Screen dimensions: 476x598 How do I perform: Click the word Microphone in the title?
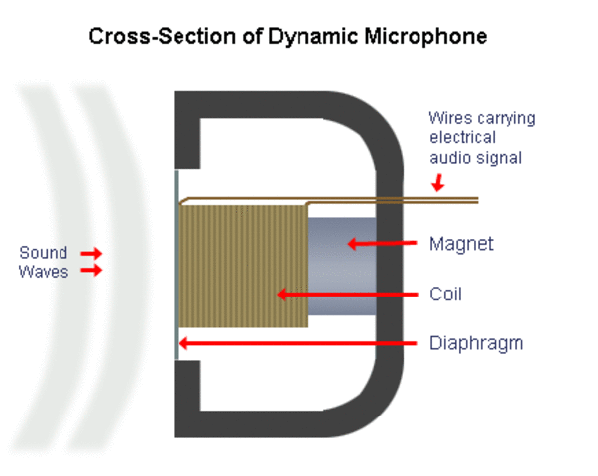tap(420, 37)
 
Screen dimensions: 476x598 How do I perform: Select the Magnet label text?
tap(461, 243)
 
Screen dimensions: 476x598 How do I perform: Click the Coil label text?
tap(446, 294)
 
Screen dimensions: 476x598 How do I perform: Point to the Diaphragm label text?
tap(475, 344)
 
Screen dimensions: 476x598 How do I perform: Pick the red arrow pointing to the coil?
tap(343, 294)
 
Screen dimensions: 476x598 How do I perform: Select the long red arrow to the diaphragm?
tap(298, 344)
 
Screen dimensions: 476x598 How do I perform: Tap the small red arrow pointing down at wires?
tap(437, 182)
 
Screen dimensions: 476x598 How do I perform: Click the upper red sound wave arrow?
tap(91, 253)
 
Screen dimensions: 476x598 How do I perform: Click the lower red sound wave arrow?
tap(91, 270)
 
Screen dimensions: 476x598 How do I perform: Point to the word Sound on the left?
tap(44, 253)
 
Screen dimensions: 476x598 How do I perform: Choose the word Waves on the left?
tap(44, 271)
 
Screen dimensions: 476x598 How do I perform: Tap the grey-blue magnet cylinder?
tap(341, 273)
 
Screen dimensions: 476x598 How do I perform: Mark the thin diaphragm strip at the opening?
tap(177, 263)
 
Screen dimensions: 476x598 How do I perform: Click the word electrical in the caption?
tap(462, 138)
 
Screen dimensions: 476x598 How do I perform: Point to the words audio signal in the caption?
tap(475, 157)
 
